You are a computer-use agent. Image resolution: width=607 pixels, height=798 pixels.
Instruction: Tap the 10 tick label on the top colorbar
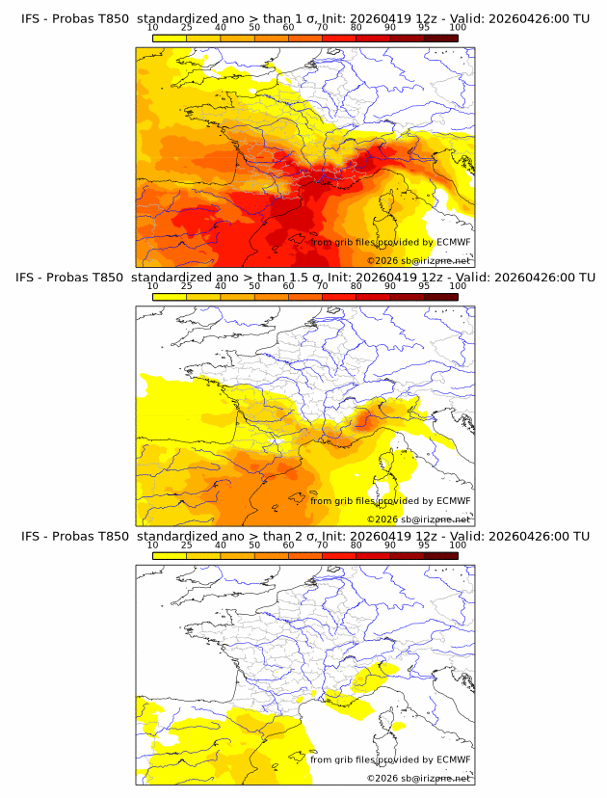click(x=152, y=28)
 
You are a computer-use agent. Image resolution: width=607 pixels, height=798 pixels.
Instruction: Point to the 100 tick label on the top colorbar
click(x=458, y=28)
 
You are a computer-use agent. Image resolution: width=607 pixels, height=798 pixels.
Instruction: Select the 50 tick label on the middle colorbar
click(x=254, y=286)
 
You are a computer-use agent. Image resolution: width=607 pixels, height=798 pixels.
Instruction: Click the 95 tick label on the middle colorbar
click(x=424, y=286)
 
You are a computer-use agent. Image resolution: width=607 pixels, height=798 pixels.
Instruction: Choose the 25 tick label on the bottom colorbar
click(x=186, y=545)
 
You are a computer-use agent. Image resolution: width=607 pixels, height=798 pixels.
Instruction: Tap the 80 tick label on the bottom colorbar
click(x=356, y=545)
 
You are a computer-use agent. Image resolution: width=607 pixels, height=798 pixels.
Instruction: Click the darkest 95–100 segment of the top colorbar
click(x=440, y=38)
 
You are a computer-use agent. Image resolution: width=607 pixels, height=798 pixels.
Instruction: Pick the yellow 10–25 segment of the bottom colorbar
click(x=170, y=554)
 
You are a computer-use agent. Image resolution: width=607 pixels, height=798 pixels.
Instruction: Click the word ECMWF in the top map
click(x=453, y=242)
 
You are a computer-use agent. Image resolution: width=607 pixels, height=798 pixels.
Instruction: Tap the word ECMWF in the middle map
click(x=453, y=500)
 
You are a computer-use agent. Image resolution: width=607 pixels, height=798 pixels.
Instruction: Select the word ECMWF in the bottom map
click(x=453, y=759)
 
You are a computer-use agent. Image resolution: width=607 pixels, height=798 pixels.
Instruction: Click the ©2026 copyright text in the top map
click(x=383, y=260)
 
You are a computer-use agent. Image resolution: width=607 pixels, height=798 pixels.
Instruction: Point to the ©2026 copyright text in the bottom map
click(x=383, y=778)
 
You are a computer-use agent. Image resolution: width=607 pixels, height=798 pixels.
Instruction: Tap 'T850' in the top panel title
click(x=112, y=18)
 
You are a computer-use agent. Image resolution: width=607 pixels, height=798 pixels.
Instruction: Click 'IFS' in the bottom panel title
click(x=32, y=536)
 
